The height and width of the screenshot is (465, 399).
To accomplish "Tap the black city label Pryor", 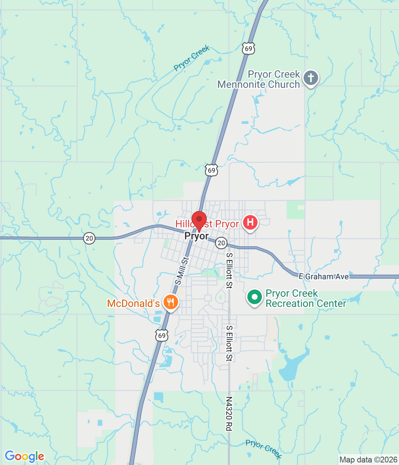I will pyautogui.click(x=197, y=236).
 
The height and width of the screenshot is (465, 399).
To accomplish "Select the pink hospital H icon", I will pyautogui.click(x=250, y=222).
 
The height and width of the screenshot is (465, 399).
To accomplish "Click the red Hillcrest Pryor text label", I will pyautogui.click(x=207, y=224).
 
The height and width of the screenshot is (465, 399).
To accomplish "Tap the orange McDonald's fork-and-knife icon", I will pyautogui.click(x=170, y=302).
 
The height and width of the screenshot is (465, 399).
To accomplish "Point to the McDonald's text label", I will pyautogui.click(x=133, y=303).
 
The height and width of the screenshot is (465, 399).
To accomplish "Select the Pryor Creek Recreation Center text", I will pyautogui.click(x=306, y=298).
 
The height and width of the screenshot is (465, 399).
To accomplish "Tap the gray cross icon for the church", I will pyautogui.click(x=311, y=78).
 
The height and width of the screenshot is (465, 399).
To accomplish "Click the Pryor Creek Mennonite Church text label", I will pyautogui.click(x=259, y=80).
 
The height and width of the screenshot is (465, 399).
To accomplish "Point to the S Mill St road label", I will pyautogui.click(x=182, y=271).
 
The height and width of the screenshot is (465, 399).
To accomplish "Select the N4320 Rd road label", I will pyautogui.click(x=229, y=413).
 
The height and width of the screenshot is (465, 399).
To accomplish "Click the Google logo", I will pyautogui.click(x=24, y=456).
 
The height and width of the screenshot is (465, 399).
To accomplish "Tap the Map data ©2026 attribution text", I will pyautogui.click(x=368, y=460).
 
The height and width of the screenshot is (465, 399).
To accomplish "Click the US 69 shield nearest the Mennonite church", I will pyautogui.click(x=248, y=48).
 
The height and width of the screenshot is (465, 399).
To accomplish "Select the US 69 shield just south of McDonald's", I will pyautogui.click(x=162, y=335).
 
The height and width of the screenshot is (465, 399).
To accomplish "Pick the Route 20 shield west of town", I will pyautogui.click(x=89, y=238).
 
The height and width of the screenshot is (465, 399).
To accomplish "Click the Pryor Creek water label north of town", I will pyautogui.click(x=192, y=58).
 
